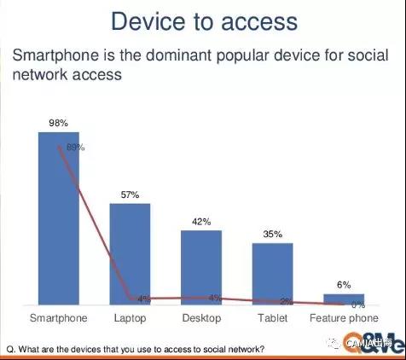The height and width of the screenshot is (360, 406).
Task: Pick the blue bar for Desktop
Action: [201, 267]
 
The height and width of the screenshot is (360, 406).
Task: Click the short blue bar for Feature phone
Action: [343, 299]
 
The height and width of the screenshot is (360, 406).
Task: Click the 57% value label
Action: [130, 195]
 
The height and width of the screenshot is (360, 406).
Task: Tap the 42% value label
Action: [201, 222]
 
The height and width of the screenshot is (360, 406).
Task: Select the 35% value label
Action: [272, 235]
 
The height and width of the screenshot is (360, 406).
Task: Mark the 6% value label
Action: [344, 286]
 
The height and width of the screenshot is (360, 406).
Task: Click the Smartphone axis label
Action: [58, 319]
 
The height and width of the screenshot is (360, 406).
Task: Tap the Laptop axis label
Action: [130, 319]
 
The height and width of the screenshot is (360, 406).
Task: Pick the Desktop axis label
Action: [201, 319]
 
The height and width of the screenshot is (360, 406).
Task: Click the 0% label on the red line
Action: [358, 305]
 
